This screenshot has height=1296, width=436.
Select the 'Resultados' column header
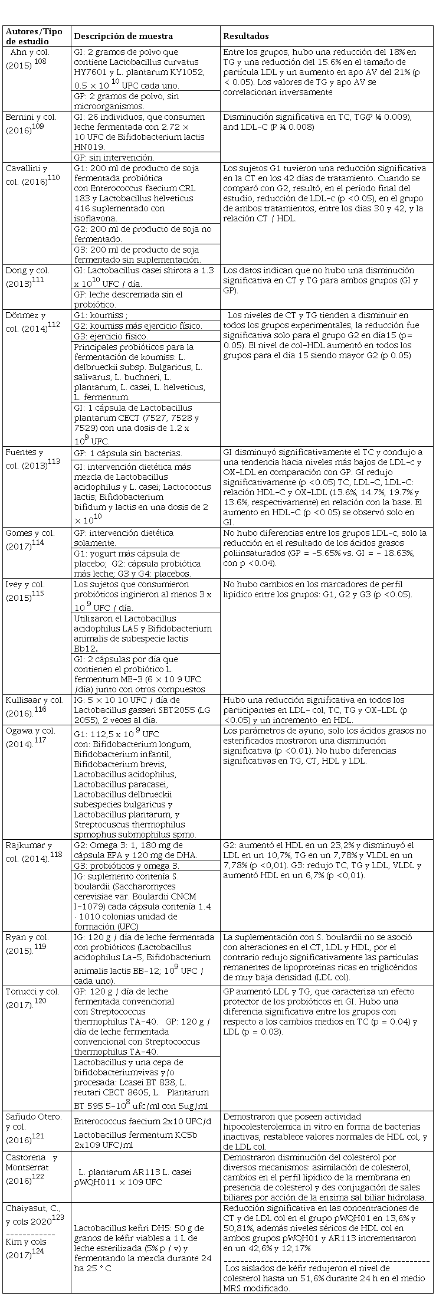pyautogui.click(x=246, y=36)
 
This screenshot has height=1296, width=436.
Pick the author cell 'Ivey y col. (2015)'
pyautogui.click(x=32, y=590)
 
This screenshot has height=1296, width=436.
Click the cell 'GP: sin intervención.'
pyautogui.click(x=114, y=157)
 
